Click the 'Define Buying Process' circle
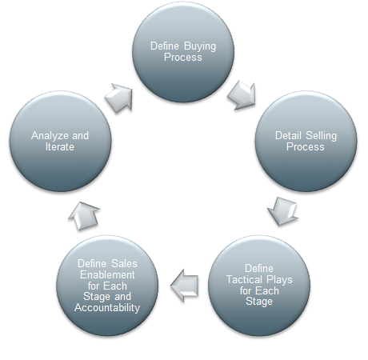point(183,52)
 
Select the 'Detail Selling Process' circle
point(306,142)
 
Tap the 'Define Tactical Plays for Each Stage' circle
point(259,286)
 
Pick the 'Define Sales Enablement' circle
point(107,286)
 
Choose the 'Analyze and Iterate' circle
point(60,142)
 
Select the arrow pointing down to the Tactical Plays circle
point(283,211)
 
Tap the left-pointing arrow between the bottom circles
point(185,286)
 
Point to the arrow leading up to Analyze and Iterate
point(84,216)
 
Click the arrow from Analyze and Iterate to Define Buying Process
point(119,98)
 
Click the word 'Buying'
point(200,46)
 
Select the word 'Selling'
point(322,136)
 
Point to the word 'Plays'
point(279,280)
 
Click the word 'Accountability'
point(107,308)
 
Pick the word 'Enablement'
point(107,274)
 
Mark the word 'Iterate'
point(60,147)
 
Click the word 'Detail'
point(288,135)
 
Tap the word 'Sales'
point(124,263)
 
